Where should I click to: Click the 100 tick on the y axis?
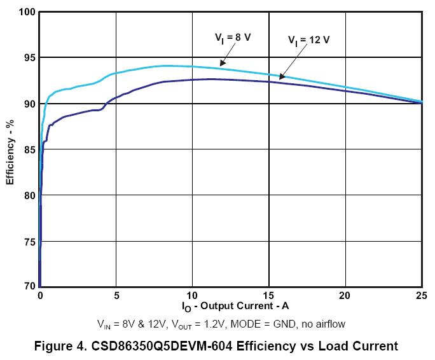[25, 12]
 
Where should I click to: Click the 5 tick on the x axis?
[116, 296]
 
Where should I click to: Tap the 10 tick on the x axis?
[193, 296]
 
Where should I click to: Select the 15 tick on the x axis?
[269, 296]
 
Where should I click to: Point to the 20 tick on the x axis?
[345, 296]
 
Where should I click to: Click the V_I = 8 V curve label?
[232, 38]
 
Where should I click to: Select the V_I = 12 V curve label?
[308, 40]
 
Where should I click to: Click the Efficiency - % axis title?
[10, 150]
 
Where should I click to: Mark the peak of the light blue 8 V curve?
[167, 66]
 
